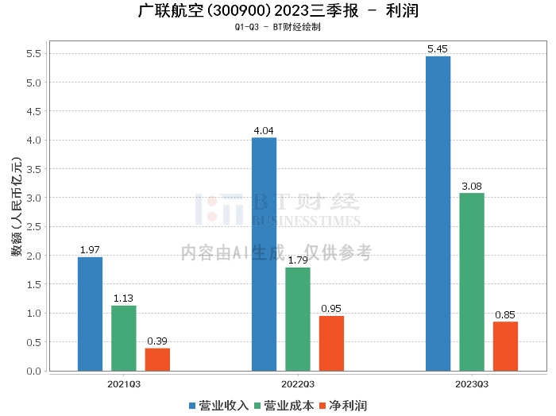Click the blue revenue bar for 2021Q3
90,314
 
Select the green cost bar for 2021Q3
123,338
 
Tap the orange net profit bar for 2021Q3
157,359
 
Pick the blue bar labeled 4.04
264,254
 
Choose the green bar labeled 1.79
298,319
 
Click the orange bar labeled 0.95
331,343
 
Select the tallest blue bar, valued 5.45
438,214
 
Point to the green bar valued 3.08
471,282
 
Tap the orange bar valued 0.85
505,346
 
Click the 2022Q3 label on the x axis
299,383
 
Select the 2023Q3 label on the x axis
472,383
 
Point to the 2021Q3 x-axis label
124,383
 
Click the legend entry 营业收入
218,405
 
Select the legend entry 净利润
342,405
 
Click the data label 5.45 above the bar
438,49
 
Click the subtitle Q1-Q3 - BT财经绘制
277,27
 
